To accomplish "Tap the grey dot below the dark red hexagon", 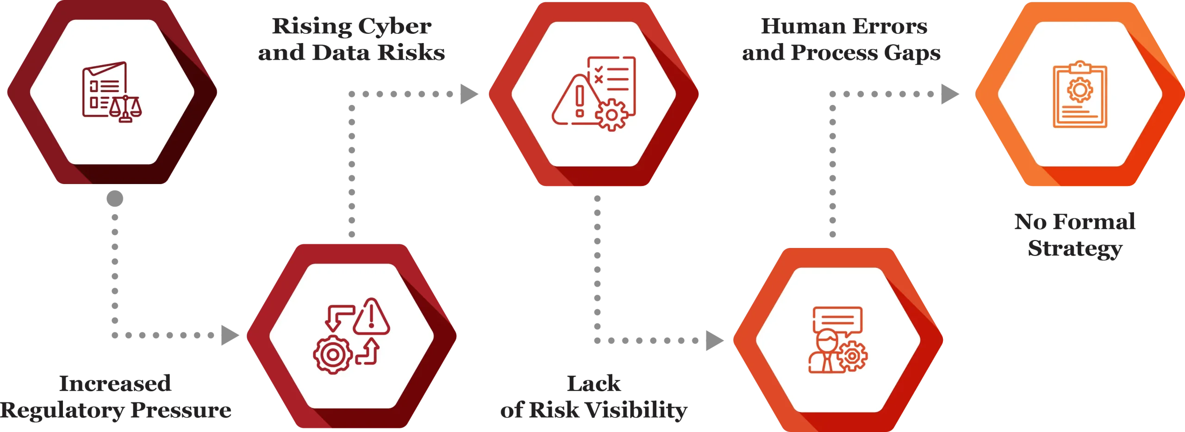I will click(114, 198).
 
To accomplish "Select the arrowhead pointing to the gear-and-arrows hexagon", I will click(228, 335).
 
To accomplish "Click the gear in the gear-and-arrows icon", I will click(332, 355).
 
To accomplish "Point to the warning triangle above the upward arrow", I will click(371, 317).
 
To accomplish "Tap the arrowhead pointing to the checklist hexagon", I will click(469, 94).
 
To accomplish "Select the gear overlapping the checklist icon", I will click(611, 115).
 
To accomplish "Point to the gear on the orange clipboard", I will click(1080, 89).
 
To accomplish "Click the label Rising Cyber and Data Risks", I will click(351, 41).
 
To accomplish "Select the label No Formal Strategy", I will click(1075, 235).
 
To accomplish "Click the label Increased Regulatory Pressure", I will click(116, 397).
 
